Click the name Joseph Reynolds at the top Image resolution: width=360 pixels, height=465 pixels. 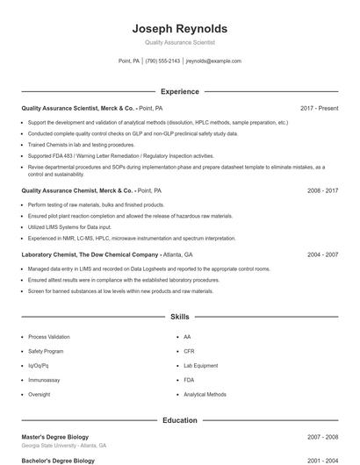pos(179,28)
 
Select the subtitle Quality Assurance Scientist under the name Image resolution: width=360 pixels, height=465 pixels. pos(179,42)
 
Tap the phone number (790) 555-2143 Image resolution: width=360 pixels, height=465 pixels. pos(162,61)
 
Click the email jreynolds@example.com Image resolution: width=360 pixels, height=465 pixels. pos(213,61)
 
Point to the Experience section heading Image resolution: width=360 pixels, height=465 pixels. pos(179,91)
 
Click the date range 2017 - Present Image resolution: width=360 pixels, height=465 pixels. pos(319,108)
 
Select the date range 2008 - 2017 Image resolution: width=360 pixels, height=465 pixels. pos(322,190)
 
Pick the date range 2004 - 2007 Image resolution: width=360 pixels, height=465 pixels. pos(322,254)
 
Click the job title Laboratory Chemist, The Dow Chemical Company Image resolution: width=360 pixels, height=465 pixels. pos(89,254)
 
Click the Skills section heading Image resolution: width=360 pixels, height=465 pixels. pos(179,316)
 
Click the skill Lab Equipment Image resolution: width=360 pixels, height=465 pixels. pos(200,366)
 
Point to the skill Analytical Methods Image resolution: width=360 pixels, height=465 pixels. pos(205,395)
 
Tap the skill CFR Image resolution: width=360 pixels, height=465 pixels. pos(189,351)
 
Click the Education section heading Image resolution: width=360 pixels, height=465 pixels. pos(179,420)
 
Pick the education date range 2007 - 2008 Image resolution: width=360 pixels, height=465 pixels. pos(322,436)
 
